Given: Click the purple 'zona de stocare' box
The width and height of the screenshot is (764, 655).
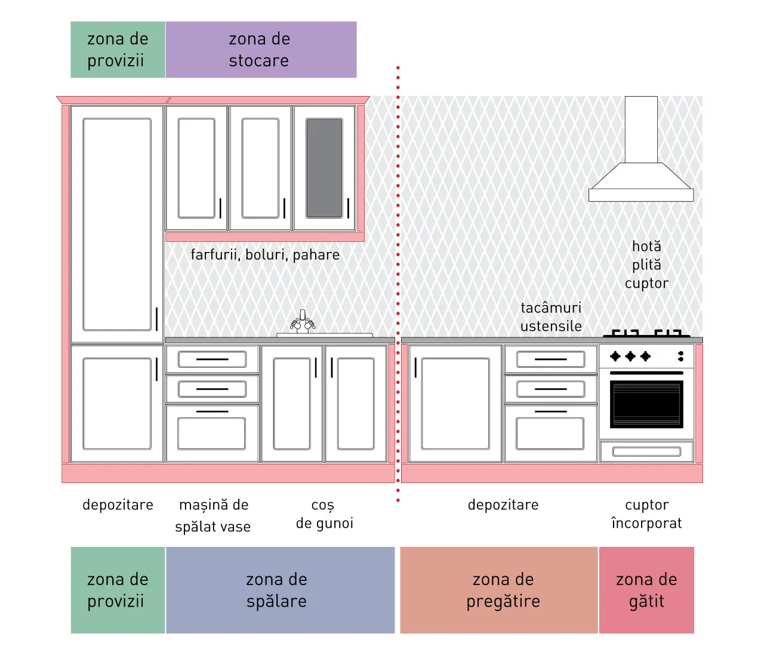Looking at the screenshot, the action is tap(261, 50).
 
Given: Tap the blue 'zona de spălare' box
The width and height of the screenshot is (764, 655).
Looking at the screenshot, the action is tap(280, 590).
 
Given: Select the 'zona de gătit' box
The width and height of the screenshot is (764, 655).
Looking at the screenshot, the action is tap(646, 590).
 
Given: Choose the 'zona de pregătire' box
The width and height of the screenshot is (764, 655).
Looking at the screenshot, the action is tap(499, 590).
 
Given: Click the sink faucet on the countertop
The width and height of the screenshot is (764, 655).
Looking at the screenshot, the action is tap(303, 321).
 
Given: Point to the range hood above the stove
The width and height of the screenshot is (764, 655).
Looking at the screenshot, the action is tap(641, 149).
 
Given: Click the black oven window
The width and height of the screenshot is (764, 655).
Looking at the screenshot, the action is tap(646, 404).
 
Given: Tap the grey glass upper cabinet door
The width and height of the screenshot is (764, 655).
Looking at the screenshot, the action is tap(324, 168).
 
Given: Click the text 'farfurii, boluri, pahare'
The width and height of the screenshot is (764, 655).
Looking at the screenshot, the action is tap(265, 255).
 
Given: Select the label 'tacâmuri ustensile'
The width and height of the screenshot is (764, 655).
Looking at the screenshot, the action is tap(551, 317).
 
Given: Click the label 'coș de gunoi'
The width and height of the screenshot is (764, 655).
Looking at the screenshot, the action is tap(325, 514).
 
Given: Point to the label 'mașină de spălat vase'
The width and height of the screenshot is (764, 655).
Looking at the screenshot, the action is tap(213, 515).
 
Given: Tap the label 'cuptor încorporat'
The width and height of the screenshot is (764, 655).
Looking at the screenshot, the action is tap(646, 514).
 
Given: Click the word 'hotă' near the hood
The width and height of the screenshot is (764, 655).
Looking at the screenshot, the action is tap(646, 247).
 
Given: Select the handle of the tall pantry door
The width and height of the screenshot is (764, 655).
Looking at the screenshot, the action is tap(157, 319).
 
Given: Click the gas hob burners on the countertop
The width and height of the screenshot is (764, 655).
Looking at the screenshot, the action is tap(646, 333).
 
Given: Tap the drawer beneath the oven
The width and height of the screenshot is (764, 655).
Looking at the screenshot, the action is tap(646, 451).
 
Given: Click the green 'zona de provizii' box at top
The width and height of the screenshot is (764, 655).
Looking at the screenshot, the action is tap(118, 50).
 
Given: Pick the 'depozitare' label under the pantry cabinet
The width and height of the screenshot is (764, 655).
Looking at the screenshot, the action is tap(118, 505).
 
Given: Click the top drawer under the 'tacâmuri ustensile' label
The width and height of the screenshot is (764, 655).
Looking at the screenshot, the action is tap(551, 359).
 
